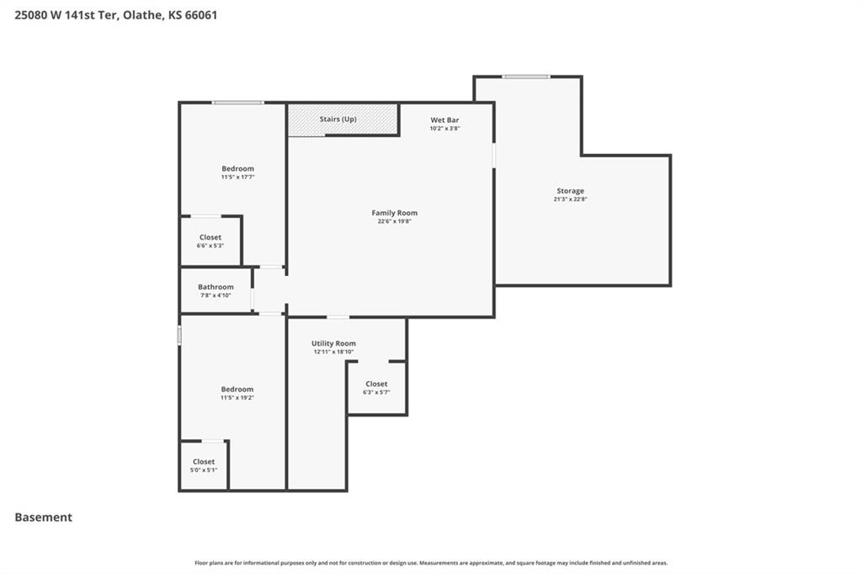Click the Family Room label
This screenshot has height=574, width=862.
tap(394, 213)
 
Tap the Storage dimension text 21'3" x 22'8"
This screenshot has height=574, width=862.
tap(570, 199)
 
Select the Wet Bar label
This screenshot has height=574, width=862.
tap(444, 120)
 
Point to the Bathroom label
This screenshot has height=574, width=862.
tap(215, 287)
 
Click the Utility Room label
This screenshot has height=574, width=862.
tap(333, 343)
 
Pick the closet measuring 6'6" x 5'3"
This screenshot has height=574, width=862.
tap(210, 242)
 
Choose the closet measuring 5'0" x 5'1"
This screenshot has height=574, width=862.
tap(204, 465)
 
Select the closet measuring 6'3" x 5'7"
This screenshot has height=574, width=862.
tap(376, 388)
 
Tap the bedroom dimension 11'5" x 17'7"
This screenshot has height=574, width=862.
tap(237, 177)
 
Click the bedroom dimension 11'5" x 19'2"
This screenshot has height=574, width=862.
tap(237, 397)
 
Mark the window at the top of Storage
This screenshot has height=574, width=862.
tap(525, 77)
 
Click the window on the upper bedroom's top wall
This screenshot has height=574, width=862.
tap(238, 103)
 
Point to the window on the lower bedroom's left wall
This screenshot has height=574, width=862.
tap(179, 335)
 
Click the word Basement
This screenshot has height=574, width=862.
tap(44, 517)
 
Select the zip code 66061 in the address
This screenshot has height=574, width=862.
tap(200, 15)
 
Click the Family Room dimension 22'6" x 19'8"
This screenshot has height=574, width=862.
tap(394, 221)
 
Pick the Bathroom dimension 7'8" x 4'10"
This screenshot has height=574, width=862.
tap(215, 295)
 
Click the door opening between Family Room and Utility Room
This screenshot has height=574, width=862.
tap(338, 317)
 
